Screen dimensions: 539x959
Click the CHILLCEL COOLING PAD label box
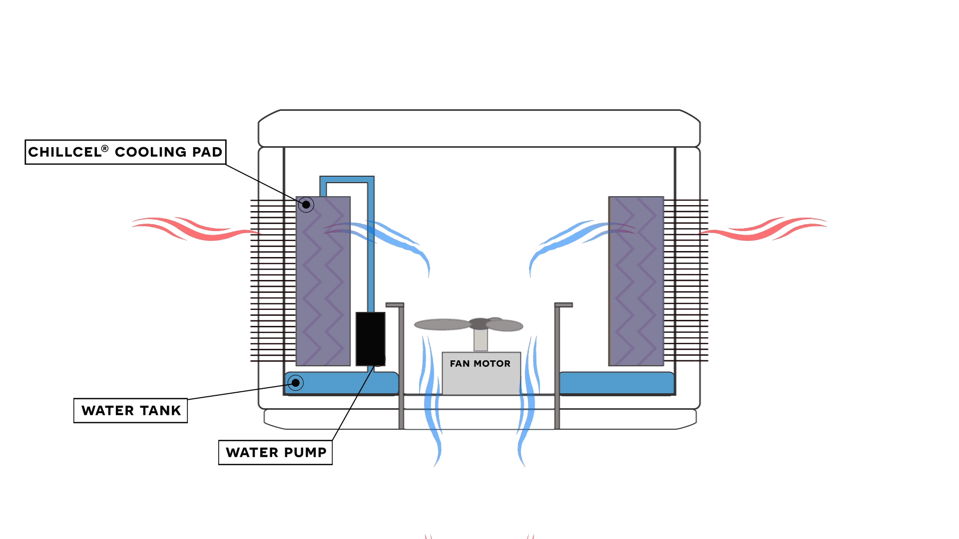[x=125, y=152]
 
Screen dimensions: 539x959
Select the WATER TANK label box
[x=130, y=411]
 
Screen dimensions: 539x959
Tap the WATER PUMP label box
[x=275, y=453]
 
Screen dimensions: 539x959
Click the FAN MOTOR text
[x=480, y=364]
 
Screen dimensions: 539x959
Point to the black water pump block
[x=370, y=338]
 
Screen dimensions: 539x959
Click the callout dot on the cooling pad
[x=306, y=205]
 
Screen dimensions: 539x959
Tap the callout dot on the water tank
[x=296, y=383]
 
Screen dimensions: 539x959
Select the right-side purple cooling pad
[x=636, y=281]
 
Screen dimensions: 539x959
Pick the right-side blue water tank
[x=616, y=383]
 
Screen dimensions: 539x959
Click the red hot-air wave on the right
[x=764, y=229]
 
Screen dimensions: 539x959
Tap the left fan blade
[x=442, y=325]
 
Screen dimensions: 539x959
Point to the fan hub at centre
[x=480, y=323]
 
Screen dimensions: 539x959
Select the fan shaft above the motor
[x=480, y=340]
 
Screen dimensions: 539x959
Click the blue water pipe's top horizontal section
[x=347, y=179]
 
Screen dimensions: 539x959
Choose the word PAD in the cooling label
[x=208, y=152]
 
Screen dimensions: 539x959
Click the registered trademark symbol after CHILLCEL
[x=105, y=148]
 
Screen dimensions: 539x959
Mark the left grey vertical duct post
[x=401, y=367]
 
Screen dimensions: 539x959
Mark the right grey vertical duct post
[x=557, y=367]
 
